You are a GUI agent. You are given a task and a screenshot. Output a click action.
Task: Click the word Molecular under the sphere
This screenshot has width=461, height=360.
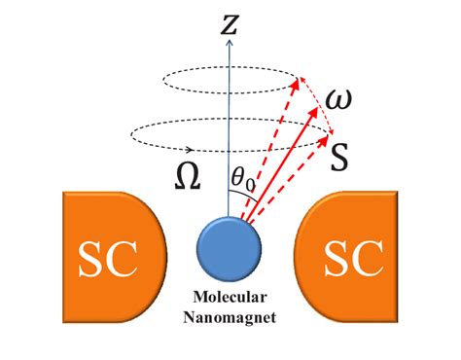tap(230, 298)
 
